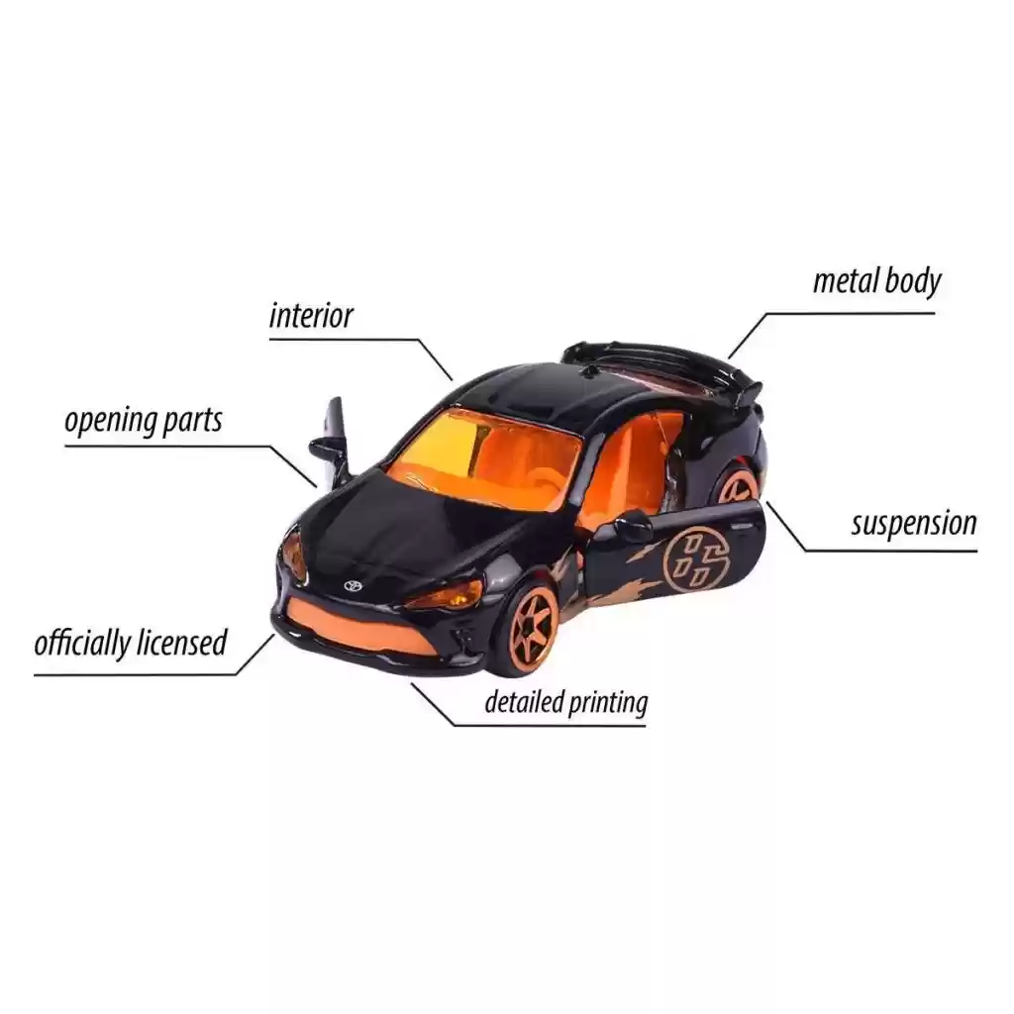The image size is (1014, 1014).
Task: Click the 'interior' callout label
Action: click(311, 316)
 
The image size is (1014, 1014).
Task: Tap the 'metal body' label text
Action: click(877, 281)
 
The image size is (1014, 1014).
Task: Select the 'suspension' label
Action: click(914, 523)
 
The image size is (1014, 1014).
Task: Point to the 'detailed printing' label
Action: click(565, 702)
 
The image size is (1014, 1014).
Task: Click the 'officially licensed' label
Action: click(131, 643)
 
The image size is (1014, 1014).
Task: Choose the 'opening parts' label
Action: click(143, 420)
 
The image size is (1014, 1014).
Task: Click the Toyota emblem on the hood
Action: click(353, 584)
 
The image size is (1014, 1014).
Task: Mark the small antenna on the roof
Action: click(588, 371)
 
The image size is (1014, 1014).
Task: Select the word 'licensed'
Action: click(182, 643)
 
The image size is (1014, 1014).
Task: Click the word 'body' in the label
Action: click(913, 281)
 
